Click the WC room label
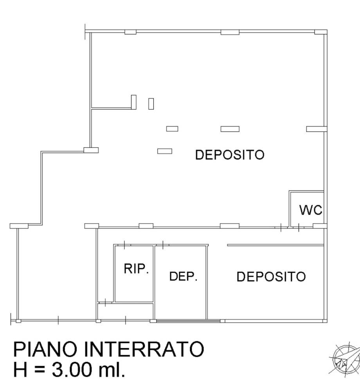tap(311, 210)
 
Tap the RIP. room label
tap(137, 269)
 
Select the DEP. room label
tap(183, 276)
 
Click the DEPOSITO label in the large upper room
tap(230, 155)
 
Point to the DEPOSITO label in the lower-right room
tap(271, 277)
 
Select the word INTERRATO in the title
tap(144, 349)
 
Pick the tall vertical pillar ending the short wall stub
tap(133, 102)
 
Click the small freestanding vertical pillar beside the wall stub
tap(151, 103)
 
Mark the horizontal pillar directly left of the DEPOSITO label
tap(164, 151)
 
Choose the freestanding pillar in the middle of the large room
tap(230, 129)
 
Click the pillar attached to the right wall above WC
tap(316, 129)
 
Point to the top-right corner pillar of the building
tap(321, 32)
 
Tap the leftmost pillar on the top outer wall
tap(130, 32)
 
